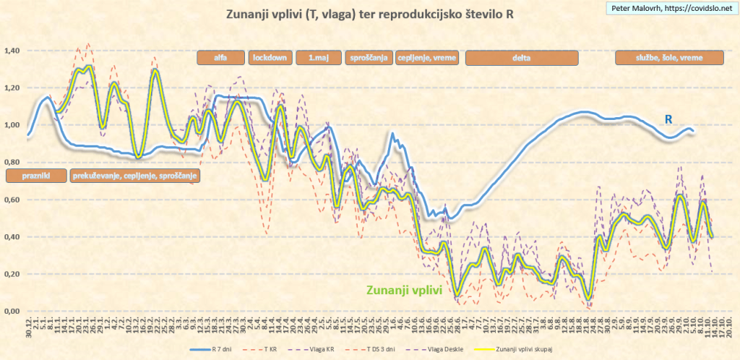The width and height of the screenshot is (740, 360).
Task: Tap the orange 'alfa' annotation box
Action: click(220, 58)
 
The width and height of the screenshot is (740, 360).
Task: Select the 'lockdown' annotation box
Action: click(269, 58)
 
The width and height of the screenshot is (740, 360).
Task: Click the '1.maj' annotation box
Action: click(317, 58)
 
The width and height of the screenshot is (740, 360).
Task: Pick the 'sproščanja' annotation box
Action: click(368, 58)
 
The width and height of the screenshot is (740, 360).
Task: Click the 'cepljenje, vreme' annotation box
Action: click(426, 58)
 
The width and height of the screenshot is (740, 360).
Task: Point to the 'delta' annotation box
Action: click(521, 58)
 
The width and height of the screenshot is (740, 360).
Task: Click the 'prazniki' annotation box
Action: click(35, 175)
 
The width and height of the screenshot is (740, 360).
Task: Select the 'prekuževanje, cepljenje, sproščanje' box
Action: click(134, 175)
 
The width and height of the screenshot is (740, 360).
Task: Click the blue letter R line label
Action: click(670, 119)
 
